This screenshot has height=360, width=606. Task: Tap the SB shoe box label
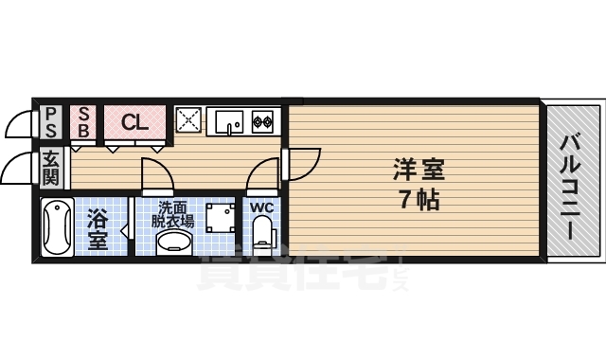(x=83, y=121)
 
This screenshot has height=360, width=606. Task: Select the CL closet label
(x=134, y=121)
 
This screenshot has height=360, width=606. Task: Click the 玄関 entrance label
(x=51, y=169)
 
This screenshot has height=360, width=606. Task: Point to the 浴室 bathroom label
(x=98, y=227)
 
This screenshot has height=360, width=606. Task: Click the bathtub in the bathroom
(x=59, y=228)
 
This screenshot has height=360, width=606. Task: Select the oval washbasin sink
(x=173, y=244)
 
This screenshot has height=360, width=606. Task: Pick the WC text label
(x=261, y=207)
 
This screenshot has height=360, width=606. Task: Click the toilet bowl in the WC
(x=261, y=235)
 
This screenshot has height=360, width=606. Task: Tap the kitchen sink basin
(x=228, y=121)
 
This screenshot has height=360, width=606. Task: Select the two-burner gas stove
(x=261, y=120)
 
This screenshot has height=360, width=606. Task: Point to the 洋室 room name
(x=419, y=171)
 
